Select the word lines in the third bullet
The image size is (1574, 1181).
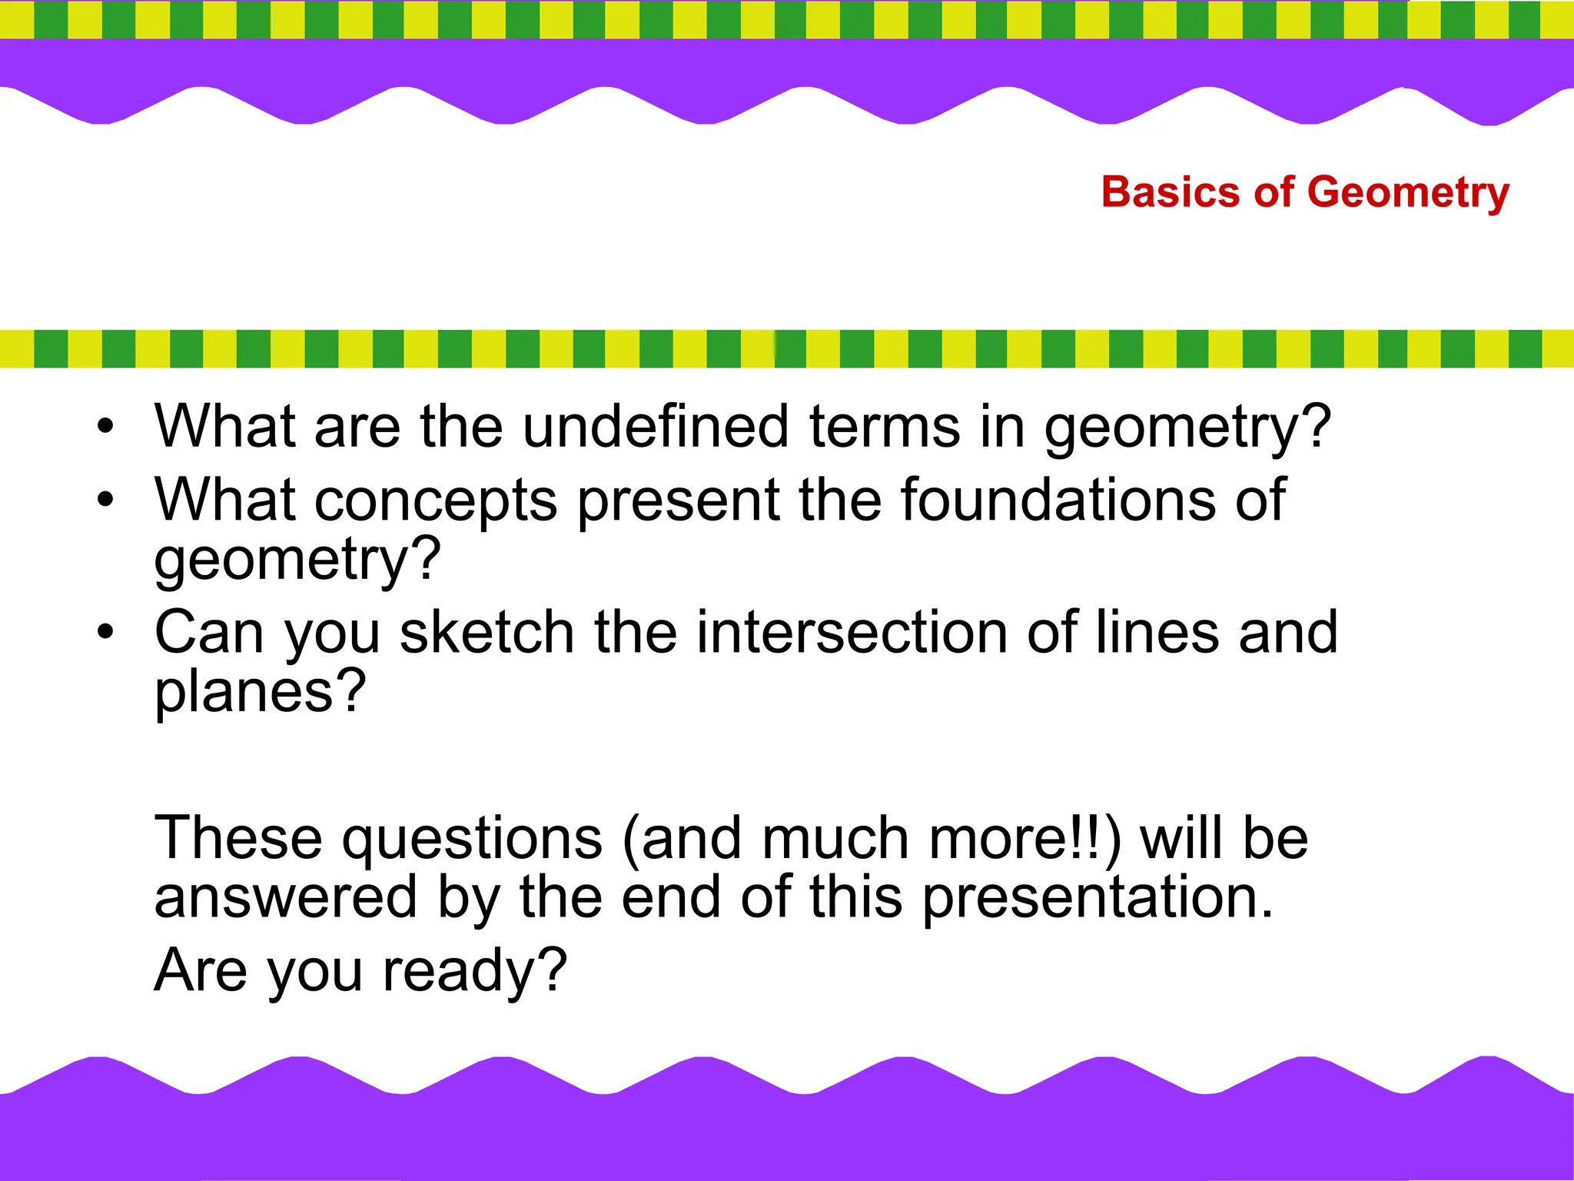point(1157,632)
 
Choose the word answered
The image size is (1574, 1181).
point(285,897)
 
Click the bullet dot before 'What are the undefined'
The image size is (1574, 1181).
point(105,426)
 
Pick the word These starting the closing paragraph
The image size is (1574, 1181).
point(238,838)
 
